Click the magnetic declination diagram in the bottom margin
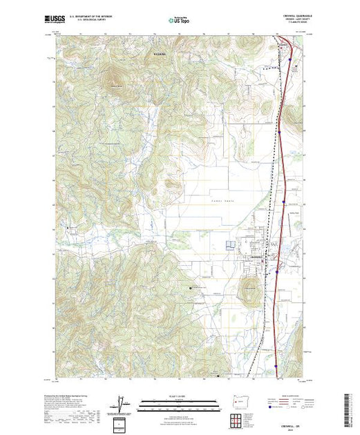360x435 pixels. point(124,403)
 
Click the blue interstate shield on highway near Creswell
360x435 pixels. point(276,271)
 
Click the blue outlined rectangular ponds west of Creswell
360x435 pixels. point(231,245)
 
